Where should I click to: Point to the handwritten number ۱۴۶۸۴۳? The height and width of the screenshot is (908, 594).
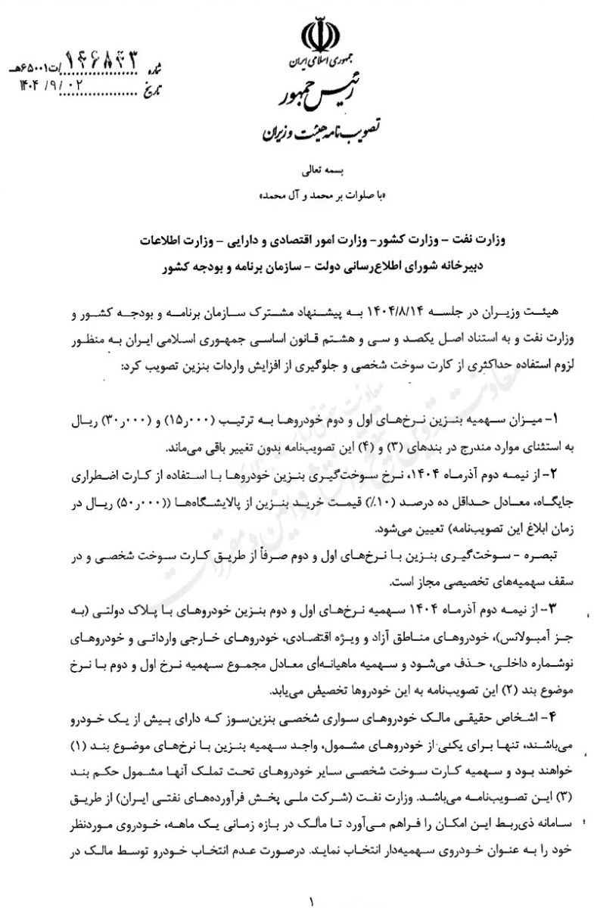click(x=109, y=58)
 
